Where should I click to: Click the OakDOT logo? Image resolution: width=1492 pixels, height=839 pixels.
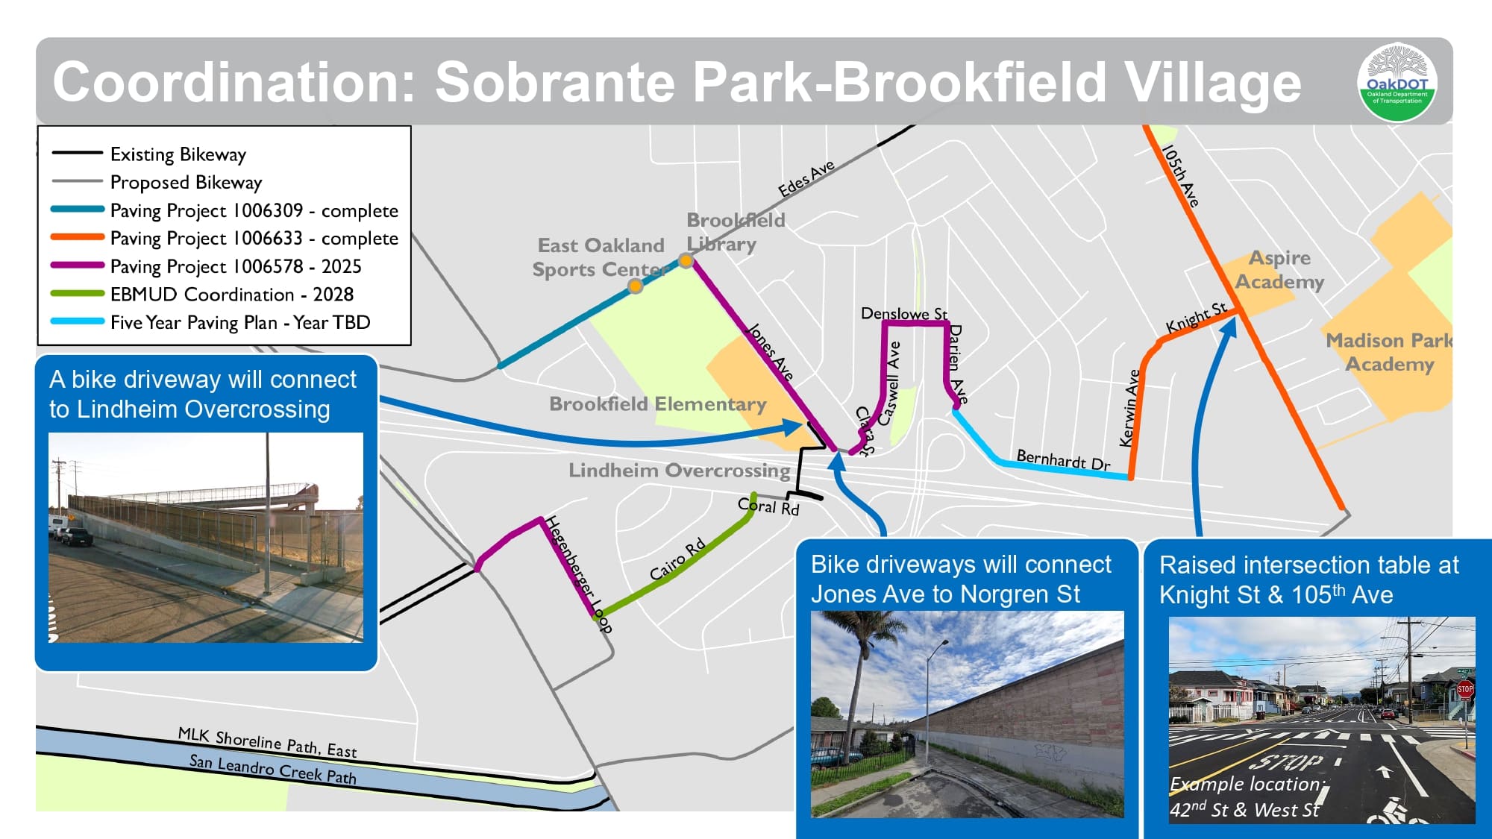coord(1397,83)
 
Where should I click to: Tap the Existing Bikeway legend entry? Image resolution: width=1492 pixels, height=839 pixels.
coord(178,154)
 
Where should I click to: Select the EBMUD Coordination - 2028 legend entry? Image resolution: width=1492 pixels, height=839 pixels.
coord(231,295)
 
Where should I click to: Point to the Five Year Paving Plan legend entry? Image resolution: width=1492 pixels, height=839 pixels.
coord(239,323)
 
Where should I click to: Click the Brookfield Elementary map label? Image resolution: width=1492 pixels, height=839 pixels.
coord(657,404)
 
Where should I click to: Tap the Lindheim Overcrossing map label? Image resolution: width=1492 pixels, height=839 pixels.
coord(679,471)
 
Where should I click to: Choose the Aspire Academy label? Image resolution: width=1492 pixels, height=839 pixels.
coord(1279,270)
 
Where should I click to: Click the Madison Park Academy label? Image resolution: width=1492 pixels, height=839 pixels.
coord(1389,352)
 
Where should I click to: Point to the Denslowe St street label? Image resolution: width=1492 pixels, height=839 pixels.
coord(903,314)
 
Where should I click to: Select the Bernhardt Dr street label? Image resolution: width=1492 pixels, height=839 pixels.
coord(1063,460)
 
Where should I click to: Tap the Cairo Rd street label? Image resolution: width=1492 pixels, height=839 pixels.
coord(677,559)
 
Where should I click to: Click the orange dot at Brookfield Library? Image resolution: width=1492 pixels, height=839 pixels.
coord(686,261)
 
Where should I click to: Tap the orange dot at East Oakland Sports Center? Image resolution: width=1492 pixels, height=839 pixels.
coord(635,286)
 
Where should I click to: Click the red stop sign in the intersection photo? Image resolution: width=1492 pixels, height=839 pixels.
coord(1464,689)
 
